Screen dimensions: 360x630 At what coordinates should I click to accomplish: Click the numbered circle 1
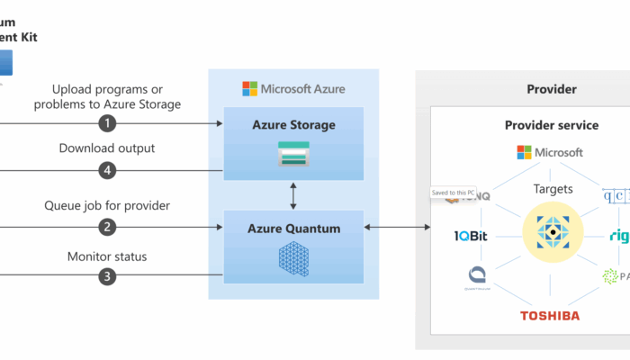[108, 122]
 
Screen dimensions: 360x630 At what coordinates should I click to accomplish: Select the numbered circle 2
[108, 227]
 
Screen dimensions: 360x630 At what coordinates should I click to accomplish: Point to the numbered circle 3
[108, 277]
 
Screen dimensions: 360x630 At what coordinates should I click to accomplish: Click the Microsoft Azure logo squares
[249, 89]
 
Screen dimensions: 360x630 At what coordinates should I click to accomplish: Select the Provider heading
[551, 89]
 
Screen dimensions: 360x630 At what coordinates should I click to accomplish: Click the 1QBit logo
[472, 237]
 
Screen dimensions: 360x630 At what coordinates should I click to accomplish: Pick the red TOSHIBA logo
[549, 316]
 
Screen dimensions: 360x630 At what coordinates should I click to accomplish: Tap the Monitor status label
[107, 256]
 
